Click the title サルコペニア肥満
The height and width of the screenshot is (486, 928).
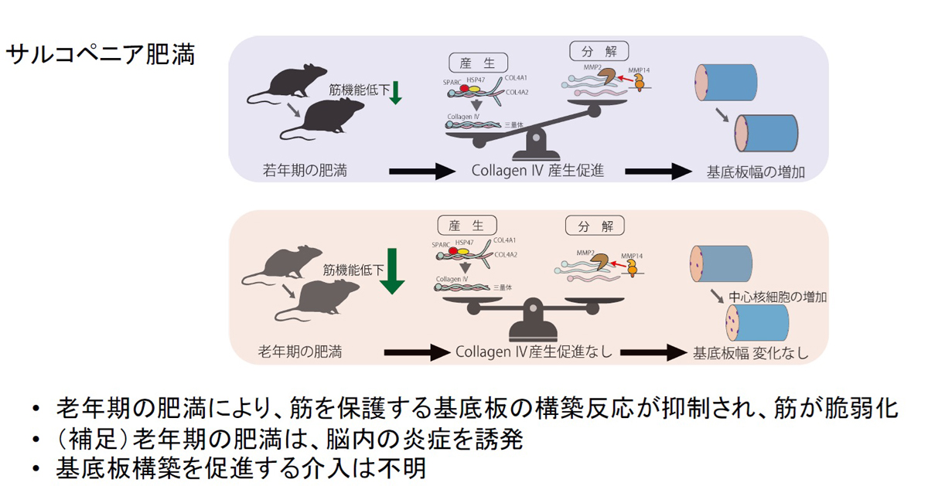[101, 55]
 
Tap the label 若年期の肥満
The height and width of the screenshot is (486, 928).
[302, 171]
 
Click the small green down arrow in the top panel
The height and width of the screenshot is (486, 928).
[396, 91]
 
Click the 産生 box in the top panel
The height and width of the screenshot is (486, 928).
[478, 62]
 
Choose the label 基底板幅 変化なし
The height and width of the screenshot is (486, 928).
[750, 353]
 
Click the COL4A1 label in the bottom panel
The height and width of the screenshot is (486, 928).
[506, 241]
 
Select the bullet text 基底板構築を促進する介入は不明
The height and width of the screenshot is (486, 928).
[241, 468]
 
